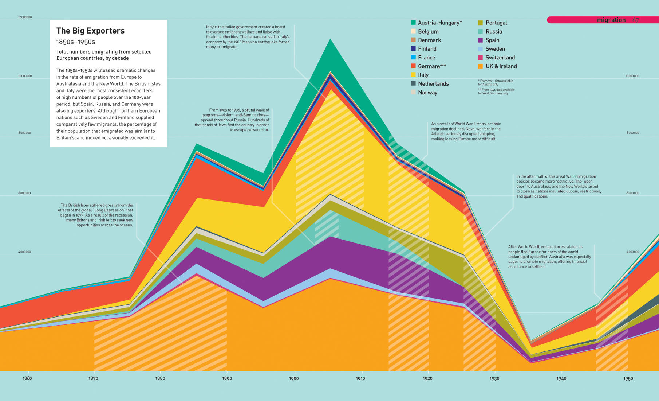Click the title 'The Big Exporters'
point(90,31)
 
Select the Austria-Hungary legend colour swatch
point(413,23)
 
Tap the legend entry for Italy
point(423,75)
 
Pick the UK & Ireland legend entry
point(501,66)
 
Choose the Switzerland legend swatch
point(481,58)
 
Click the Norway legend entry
point(427,92)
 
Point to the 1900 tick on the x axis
point(294,378)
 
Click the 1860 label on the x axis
point(27,378)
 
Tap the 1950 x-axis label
point(628,378)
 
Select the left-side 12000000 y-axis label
point(25,17)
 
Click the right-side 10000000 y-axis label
point(632,76)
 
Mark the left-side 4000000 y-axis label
point(25,252)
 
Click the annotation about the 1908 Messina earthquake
point(248,37)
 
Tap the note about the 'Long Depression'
point(96,215)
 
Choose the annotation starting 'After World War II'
point(549,257)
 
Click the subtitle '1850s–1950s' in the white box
point(75,42)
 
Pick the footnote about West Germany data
point(496,91)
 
